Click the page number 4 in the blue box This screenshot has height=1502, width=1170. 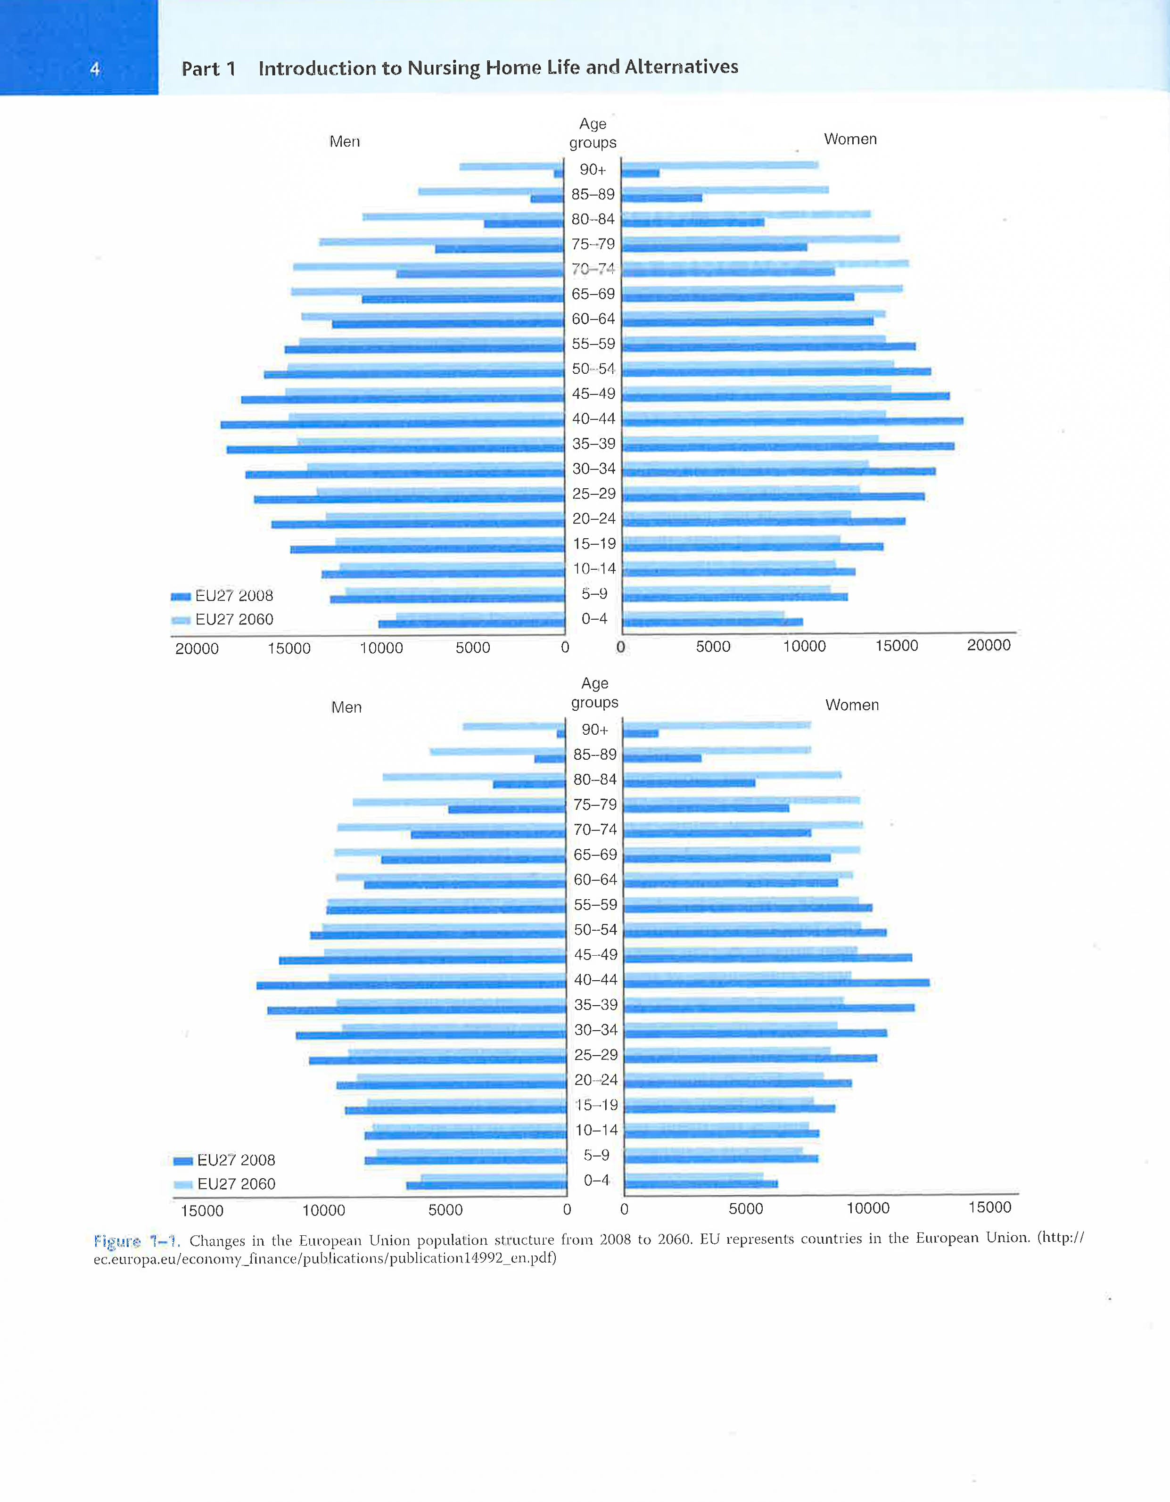click(95, 69)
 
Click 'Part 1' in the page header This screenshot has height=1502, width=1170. click(208, 69)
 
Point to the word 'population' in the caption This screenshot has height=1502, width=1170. click(454, 1240)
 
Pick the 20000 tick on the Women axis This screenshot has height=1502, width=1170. click(989, 645)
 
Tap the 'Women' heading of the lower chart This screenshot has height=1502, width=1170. click(851, 705)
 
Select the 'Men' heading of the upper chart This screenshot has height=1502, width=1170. click(345, 142)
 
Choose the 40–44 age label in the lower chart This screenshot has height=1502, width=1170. click(596, 979)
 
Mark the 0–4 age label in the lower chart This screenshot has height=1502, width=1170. click(596, 1180)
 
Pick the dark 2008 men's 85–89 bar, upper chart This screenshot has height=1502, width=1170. click(547, 199)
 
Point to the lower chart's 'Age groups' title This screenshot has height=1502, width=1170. click(595, 692)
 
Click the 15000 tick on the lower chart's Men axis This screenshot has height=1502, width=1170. click(202, 1210)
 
